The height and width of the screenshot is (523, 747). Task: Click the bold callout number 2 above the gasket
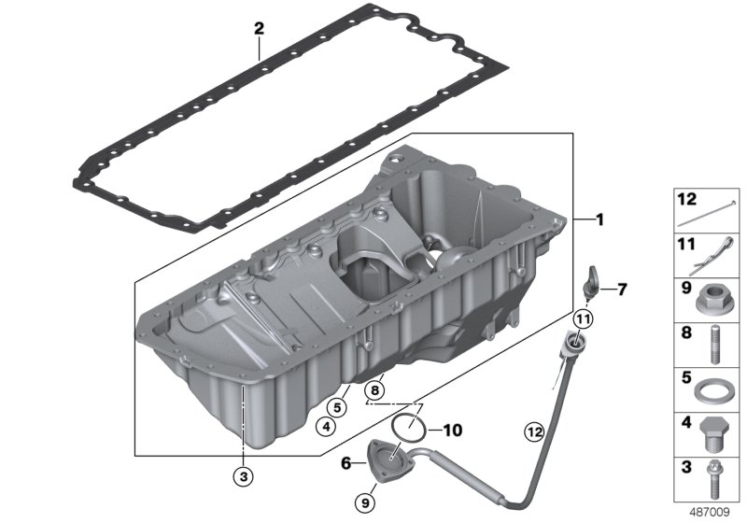(x=259, y=29)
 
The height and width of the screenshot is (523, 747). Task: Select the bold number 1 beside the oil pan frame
(x=600, y=219)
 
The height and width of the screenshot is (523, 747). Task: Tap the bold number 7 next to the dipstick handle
(x=622, y=290)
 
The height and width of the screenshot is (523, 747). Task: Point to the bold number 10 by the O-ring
(x=453, y=431)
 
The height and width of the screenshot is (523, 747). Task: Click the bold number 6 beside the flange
(x=346, y=462)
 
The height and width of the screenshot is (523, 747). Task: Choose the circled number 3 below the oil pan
(x=244, y=475)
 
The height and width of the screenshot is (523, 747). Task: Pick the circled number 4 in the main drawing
(x=326, y=426)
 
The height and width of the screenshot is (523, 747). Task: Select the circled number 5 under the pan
(x=337, y=408)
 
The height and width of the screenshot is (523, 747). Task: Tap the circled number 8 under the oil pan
(x=374, y=390)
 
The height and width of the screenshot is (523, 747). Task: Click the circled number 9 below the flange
(x=365, y=502)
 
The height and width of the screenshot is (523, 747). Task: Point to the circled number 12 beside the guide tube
(x=534, y=432)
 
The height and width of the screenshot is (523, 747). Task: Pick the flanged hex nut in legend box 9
(x=712, y=301)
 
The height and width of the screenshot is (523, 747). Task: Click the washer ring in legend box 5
(x=712, y=392)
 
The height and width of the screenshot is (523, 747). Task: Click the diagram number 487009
(x=710, y=512)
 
